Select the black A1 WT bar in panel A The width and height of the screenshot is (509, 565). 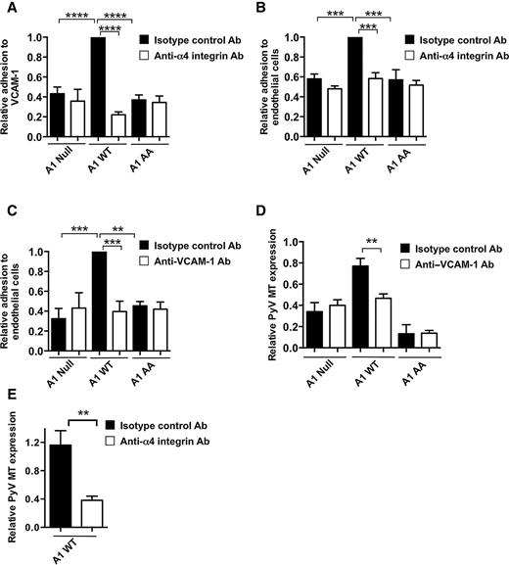coord(98,87)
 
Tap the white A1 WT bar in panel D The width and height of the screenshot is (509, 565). coord(382,321)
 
